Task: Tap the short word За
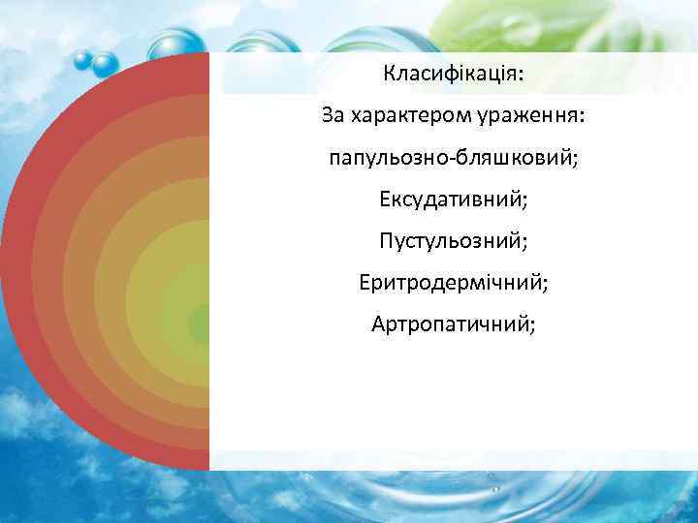(333, 115)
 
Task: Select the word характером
(409, 115)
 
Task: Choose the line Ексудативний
(452, 199)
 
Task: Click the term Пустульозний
(452, 240)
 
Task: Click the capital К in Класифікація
(390, 74)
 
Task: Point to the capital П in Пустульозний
(387, 239)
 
